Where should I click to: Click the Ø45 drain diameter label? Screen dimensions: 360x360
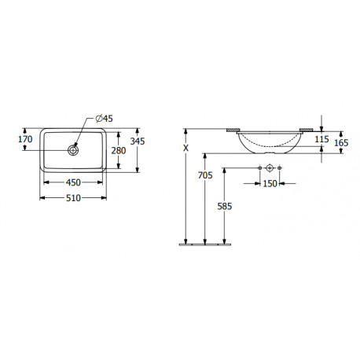[x=105, y=119]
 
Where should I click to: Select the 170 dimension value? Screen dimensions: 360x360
[x=25, y=139]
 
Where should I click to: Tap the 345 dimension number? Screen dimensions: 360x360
[x=138, y=141]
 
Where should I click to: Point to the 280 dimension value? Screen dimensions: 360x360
[x=119, y=151]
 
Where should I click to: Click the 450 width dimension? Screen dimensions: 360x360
[x=73, y=182]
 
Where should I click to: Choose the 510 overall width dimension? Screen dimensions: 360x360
[x=73, y=198]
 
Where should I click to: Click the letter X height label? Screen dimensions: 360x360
[x=186, y=149]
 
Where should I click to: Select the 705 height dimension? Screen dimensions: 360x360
[x=205, y=175]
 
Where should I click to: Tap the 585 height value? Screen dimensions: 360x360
[x=225, y=207]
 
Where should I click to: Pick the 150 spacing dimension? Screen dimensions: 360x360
[x=270, y=184]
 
